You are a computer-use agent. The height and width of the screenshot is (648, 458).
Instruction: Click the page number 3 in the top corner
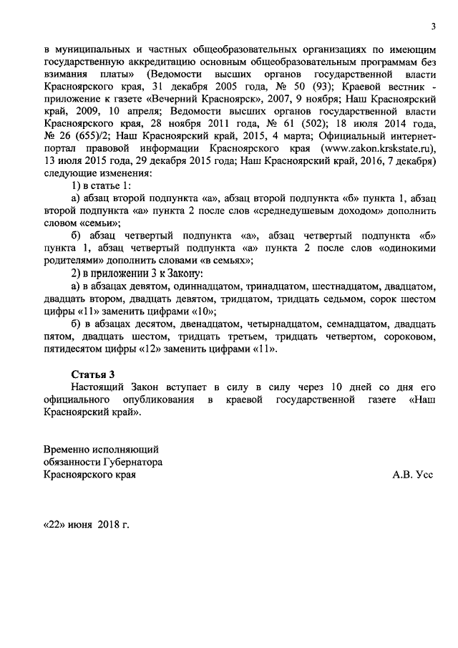click(432, 26)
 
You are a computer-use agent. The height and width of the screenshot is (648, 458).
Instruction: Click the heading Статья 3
click(92, 374)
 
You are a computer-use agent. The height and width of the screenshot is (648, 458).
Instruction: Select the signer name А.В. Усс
click(413, 474)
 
